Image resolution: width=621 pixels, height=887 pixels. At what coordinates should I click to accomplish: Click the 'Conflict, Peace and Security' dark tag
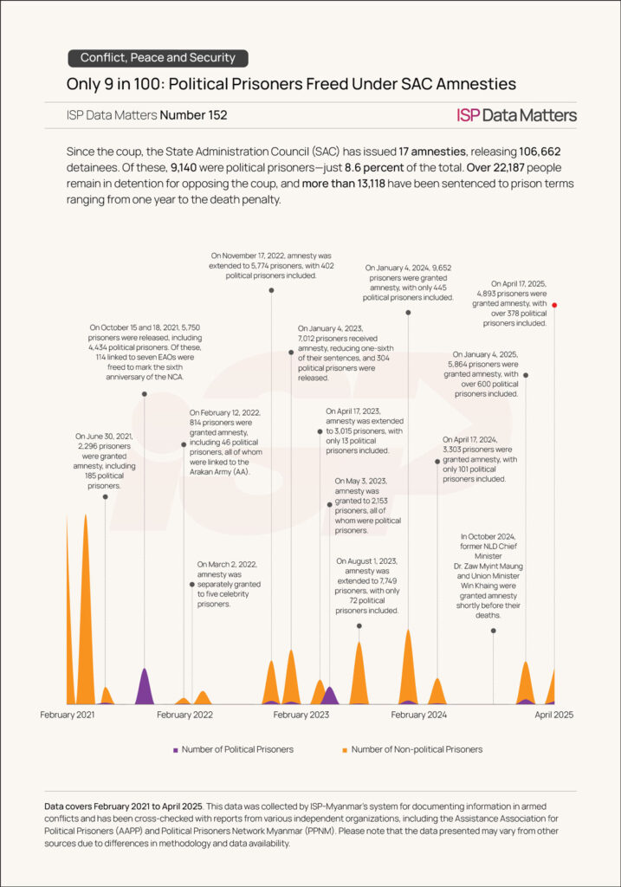click(158, 58)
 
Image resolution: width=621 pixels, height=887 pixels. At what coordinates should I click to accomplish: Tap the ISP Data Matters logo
click(516, 115)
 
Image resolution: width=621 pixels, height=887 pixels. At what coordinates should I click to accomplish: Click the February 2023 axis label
click(301, 715)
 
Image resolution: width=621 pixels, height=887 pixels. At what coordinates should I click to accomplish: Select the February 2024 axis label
click(418, 715)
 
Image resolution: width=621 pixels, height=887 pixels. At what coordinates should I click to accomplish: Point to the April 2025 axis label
click(553, 715)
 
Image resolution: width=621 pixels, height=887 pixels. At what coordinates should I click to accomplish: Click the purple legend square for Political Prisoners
click(176, 749)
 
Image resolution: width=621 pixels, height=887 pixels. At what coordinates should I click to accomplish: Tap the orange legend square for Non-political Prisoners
click(345, 749)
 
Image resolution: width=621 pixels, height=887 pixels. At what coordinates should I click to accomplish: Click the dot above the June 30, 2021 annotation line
click(106, 496)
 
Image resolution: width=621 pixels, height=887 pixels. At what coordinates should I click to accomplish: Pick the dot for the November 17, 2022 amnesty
click(272, 290)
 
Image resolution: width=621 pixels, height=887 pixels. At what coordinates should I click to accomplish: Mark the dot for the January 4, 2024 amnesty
click(407, 312)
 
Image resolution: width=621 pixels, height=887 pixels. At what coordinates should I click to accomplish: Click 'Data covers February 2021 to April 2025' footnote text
click(127, 806)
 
